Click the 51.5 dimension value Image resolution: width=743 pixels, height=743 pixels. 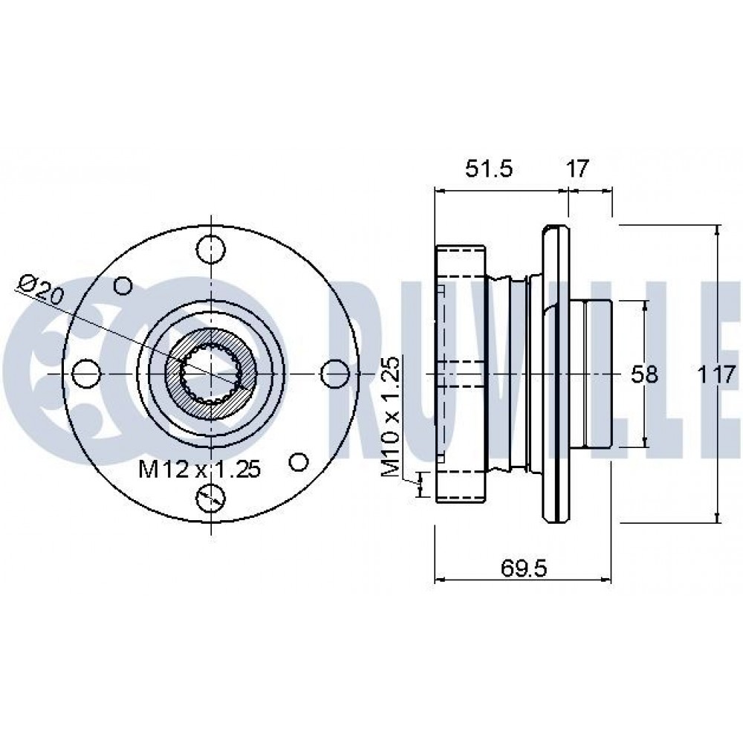click(489, 168)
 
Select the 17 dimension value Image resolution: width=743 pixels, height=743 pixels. click(577, 168)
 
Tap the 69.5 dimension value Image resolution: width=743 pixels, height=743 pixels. click(524, 568)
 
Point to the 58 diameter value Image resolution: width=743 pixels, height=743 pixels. click(644, 374)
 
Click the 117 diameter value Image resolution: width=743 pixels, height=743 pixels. click(716, 374)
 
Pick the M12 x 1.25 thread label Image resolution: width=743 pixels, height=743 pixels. click(199, 469)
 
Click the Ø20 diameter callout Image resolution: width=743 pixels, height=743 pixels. click(41, 290)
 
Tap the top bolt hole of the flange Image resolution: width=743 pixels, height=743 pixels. click(210, 250)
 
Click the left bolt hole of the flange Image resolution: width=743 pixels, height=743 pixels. click(87, 374)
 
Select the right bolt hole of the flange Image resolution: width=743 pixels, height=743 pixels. click(335, 374)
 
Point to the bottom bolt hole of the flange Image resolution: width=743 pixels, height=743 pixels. click(210, 498)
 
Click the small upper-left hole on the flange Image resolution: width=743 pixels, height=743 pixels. click(123, 286)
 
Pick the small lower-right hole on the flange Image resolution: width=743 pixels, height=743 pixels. click(299, 461)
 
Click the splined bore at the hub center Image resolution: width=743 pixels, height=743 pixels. click(210, 374)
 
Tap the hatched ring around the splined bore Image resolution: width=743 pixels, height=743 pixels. click(210, 374)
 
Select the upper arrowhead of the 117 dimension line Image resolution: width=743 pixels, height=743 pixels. click(718, 231)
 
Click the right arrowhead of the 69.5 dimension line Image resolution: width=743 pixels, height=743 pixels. click(606, 579)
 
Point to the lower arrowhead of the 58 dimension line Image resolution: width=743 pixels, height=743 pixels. click(645, 442)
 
